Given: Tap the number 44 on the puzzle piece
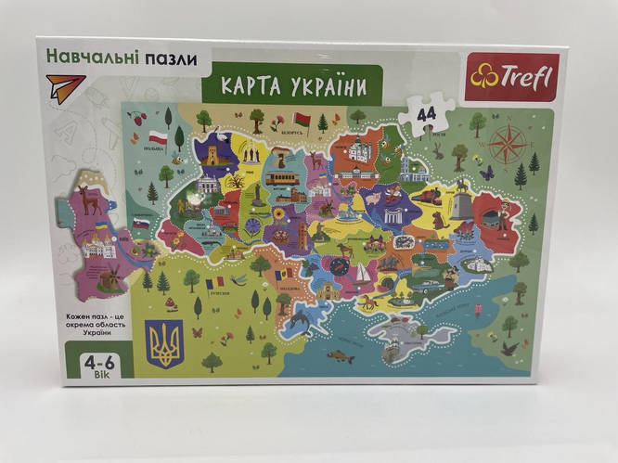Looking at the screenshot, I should [x=426, y=115].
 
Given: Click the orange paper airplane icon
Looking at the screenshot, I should [x=61, y=90].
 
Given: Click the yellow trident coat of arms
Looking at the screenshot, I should [x=167, y=341].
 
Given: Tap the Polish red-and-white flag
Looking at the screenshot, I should [x=158, y=137].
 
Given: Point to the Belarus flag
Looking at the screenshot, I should [x=300, y=119].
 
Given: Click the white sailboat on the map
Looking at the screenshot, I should [x=361, y=274].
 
